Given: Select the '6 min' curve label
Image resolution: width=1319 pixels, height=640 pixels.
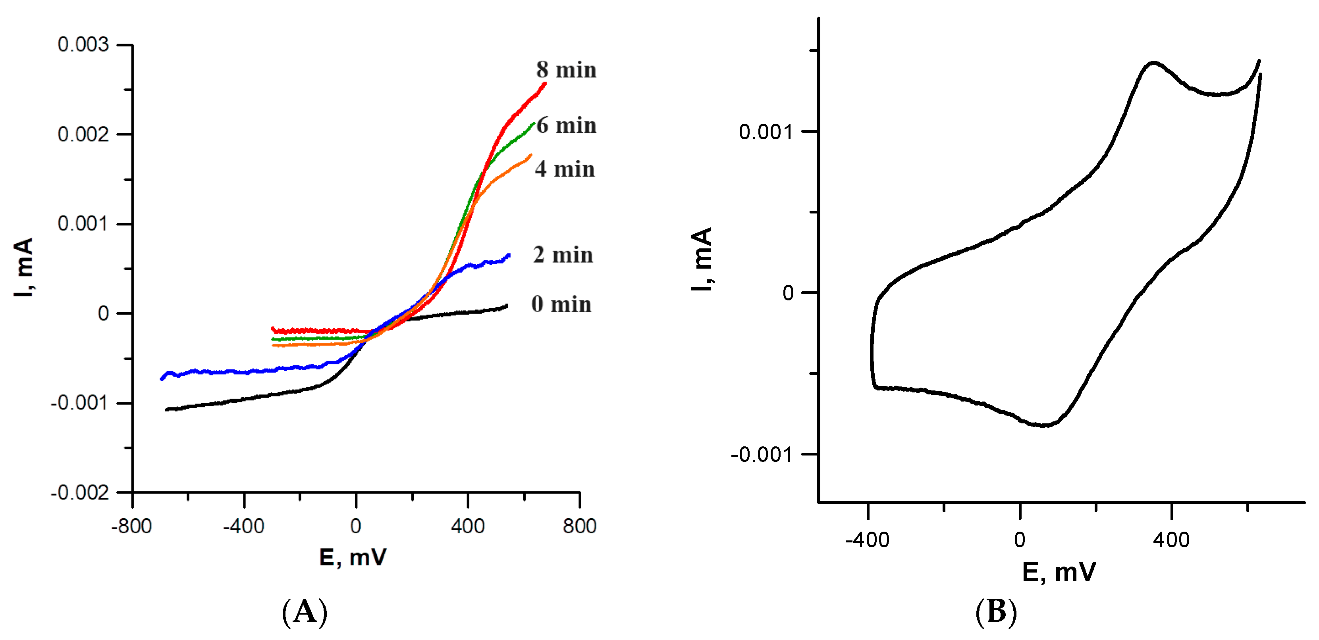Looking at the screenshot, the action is (x=566, y=125).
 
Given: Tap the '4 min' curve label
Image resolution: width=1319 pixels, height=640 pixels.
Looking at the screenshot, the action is (x=565, y=169).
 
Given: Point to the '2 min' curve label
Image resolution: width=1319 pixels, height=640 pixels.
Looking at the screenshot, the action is (x=563, y=255).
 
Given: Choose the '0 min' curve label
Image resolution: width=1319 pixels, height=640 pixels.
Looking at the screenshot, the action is (x=561, y=304).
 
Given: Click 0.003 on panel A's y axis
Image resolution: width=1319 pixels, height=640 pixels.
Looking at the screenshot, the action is (x=83, y=44).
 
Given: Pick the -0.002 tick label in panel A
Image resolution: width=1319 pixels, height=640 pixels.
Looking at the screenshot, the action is (x=80, y=493).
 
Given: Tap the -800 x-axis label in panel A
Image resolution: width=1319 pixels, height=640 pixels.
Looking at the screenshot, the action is (x=131, y=526).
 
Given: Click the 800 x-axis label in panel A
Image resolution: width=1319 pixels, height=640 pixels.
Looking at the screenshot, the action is (x=580, y=526).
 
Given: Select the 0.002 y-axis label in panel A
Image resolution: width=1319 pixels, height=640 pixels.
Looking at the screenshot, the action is (x=83, y=135).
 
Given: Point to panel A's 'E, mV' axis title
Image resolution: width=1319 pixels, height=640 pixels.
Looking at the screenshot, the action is (x=353, y=557).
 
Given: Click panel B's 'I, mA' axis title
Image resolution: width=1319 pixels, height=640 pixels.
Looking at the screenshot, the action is (x=702, y=259).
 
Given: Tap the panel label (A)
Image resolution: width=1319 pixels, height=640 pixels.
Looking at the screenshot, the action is (x=305, y=612).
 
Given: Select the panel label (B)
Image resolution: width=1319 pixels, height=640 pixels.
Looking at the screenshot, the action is (x=996, y=612).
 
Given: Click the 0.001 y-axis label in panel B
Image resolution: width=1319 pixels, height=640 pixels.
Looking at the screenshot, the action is (x=765, y=132).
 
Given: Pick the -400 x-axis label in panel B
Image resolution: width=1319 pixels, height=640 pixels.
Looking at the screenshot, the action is (x=868, y=540).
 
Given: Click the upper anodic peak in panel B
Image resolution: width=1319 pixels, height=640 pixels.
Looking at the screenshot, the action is (x=1153, y=63).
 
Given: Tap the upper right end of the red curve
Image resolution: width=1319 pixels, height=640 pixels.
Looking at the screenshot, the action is (x=544, y=83).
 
